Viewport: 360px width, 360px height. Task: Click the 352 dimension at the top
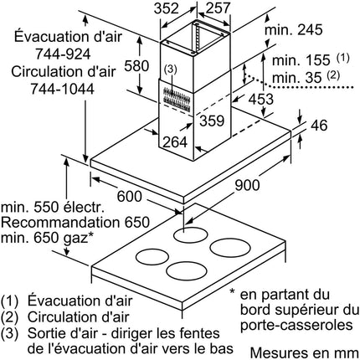click(x=167, y=8)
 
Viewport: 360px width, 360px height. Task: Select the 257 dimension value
click(x=218, y=8)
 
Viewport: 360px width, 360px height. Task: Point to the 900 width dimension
click(x=247, y=185)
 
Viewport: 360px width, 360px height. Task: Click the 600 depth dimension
click(x=130, y=196)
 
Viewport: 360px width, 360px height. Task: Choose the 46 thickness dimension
click(x=319, y=126)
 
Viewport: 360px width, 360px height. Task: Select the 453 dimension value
click(x=261, y=99)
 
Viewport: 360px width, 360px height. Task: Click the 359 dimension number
click(x=212, y=121)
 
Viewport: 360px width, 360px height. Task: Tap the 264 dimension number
click(x=175, y=142)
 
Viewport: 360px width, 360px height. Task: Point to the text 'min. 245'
click(x=294, y=29)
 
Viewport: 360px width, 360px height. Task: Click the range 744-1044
click(x=62, y=89)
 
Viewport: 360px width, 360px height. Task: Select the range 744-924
click(x=63, y=54)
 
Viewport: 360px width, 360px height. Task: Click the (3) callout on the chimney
click(x=171, y=69)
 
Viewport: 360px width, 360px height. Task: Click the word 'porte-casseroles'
click(x=296, y=325)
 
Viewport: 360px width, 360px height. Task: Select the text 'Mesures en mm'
click(x=305, y=353)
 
